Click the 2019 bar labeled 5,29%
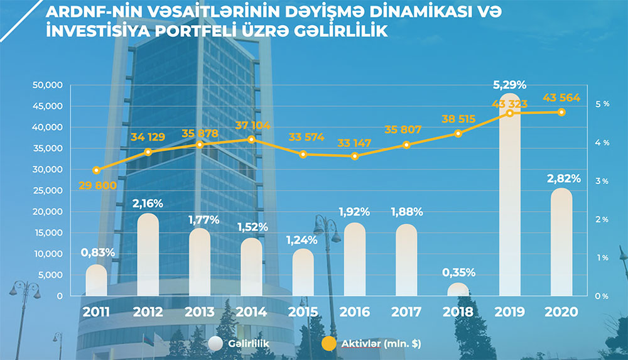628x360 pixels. pyautogui.click(x=510, y=201)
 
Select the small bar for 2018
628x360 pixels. pyautogui.click(x=458, y=289)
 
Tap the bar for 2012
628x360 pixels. pyautogui.click(x=148, y=254)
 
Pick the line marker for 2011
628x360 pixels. pyautogui.click(x=96, y=170)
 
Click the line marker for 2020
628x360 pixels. pyautogui.click(x=561, y=112)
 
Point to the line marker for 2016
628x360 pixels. pyautogui.click(x=355, y=156)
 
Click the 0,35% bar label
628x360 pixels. pyautogui.click(x=458, y=273)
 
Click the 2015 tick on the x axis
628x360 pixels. pyautogui.click(x=303, y=312)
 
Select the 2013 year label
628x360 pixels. pyautogui.click(x=200, y=312)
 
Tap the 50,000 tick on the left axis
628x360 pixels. pyautogui.click(x=47, y=85)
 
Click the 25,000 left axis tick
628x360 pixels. pyautogui.click(x=47, y=190)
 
